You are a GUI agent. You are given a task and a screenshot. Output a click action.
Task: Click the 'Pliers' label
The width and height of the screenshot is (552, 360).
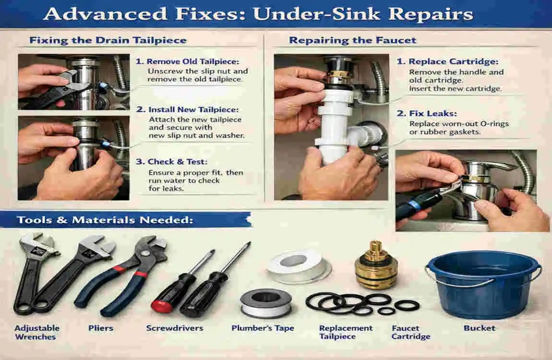tap(101, 328)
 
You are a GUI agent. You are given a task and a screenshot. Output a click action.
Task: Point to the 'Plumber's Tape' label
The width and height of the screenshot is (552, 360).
tap(263, 328)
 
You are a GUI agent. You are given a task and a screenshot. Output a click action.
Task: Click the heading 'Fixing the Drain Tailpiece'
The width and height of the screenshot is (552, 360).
tap(108, 40)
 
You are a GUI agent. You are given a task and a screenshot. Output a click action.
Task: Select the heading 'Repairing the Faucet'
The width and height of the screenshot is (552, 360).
tap(352, 40)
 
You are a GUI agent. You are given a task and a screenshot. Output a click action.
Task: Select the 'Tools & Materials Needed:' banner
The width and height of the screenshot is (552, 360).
tap(105, 220)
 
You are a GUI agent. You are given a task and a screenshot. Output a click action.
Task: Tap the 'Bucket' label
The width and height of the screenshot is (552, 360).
tap(479, 328)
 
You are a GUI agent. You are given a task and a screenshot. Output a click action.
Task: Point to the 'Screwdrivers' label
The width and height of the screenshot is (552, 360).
tap(175, 328)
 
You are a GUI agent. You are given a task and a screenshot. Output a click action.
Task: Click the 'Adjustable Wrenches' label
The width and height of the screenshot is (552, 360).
tap(37, 332)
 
